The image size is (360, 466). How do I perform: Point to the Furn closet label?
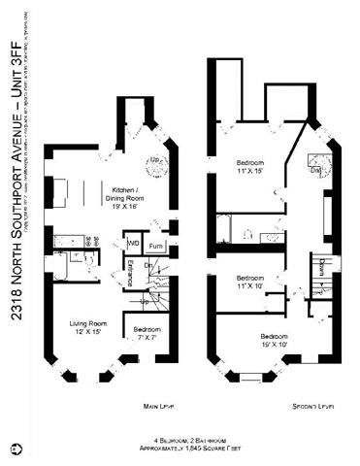point(156,247)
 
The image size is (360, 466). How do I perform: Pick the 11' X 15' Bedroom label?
point(249,167)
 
